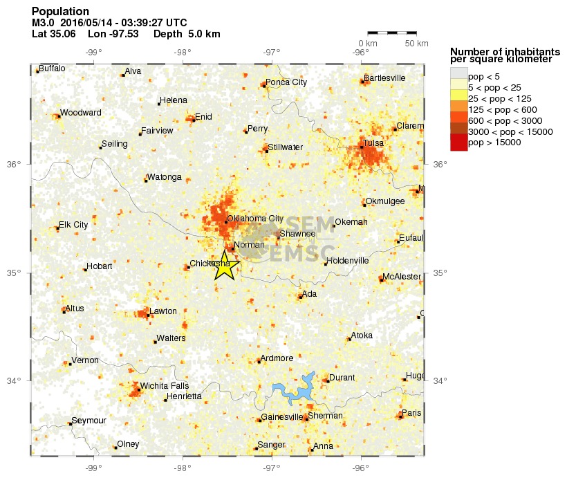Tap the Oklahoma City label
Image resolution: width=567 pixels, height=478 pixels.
[x=255, y=219]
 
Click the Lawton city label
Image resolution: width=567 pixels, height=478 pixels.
[x=163, y=311]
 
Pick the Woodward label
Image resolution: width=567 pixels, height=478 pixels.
[x=80, y=113]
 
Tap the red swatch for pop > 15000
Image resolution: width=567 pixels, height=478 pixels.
[x=458, y=143]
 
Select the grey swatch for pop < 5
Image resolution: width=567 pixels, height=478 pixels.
[x=458, y=75]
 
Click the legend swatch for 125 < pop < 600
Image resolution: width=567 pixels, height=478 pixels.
[x=458, y=109]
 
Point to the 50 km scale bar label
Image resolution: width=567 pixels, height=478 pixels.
[x=416, y=44]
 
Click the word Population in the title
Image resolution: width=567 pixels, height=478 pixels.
[x=60, y=12]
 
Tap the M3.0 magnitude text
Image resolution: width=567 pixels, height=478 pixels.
[x=43, y=23]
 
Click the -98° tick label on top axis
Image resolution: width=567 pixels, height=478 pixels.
[x=183, y=51]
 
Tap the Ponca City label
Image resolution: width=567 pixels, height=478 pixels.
[x=286, y=82]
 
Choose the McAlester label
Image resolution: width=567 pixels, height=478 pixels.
[x=402, y=277]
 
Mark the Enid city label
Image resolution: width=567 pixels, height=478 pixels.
[x=203, y=117]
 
